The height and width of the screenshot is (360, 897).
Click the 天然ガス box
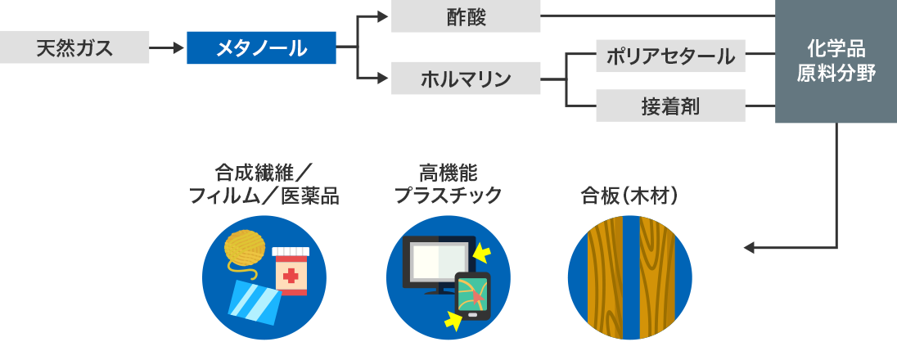coord(74,48)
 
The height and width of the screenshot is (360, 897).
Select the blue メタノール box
coord(261,48)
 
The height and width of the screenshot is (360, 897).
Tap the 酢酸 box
coord(466,17)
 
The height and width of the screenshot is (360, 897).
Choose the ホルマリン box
coord(466,79)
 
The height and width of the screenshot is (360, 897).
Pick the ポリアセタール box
coord(670,56)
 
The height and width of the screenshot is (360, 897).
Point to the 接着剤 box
coord(670,106)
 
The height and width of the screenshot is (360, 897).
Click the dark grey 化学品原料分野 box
coord(836,62)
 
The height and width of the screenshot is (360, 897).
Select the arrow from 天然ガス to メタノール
coord(168,48)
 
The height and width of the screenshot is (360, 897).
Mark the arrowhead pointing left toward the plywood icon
coord(748,247)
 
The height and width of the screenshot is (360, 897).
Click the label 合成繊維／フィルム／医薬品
coord(263,185)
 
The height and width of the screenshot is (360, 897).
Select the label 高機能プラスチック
coord(448,185)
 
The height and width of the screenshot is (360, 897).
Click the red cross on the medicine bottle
coord(290,276)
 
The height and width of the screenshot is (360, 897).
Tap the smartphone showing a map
coord(472,295)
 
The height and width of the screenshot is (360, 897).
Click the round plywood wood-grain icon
coord(629,277)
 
